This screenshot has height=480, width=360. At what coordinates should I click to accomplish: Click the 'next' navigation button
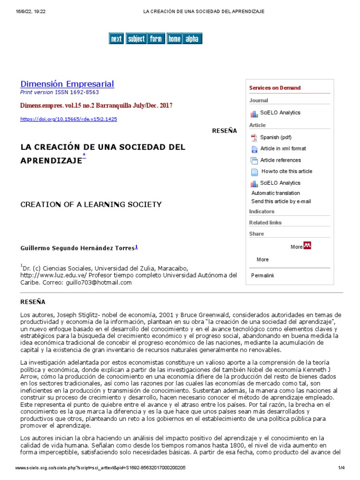click(x=116, y=39)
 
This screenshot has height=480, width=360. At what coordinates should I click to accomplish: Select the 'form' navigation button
click(x=155, y=39)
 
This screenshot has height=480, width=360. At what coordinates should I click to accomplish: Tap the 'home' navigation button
click(x=174, y=39)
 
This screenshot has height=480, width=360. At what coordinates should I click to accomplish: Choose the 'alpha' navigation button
click(x=192, y=39)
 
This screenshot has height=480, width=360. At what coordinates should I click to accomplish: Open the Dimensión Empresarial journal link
click(x=67, y=84)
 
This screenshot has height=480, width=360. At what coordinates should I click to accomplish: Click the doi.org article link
click(x=68, y=119)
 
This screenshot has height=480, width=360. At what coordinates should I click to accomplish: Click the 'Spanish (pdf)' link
click(x=276, y=137)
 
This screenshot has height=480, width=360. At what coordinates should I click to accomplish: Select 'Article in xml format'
click(x=283, y=149)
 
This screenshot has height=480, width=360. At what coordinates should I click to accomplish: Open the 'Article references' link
click(x=280, y=160)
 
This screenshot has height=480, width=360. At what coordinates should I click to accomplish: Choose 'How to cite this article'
click(x=286, y=172)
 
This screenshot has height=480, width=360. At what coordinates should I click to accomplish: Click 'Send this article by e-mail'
click(x=281, y=202)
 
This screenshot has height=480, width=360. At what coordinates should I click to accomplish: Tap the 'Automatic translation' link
click(x=276, y=193)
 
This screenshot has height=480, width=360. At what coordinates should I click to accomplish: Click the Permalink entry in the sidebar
click(x=262, y=275)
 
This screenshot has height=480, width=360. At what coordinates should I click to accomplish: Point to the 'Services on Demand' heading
click(x=275, y=88)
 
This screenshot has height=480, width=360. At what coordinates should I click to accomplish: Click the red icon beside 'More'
click(x=307, y=246)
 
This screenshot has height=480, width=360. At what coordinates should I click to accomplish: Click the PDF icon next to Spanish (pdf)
click(x=254, y=137)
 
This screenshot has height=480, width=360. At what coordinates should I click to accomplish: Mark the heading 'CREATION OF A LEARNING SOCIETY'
click(x=91, y=204)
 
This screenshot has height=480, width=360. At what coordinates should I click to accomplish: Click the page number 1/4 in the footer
click(x=341, y=468)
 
